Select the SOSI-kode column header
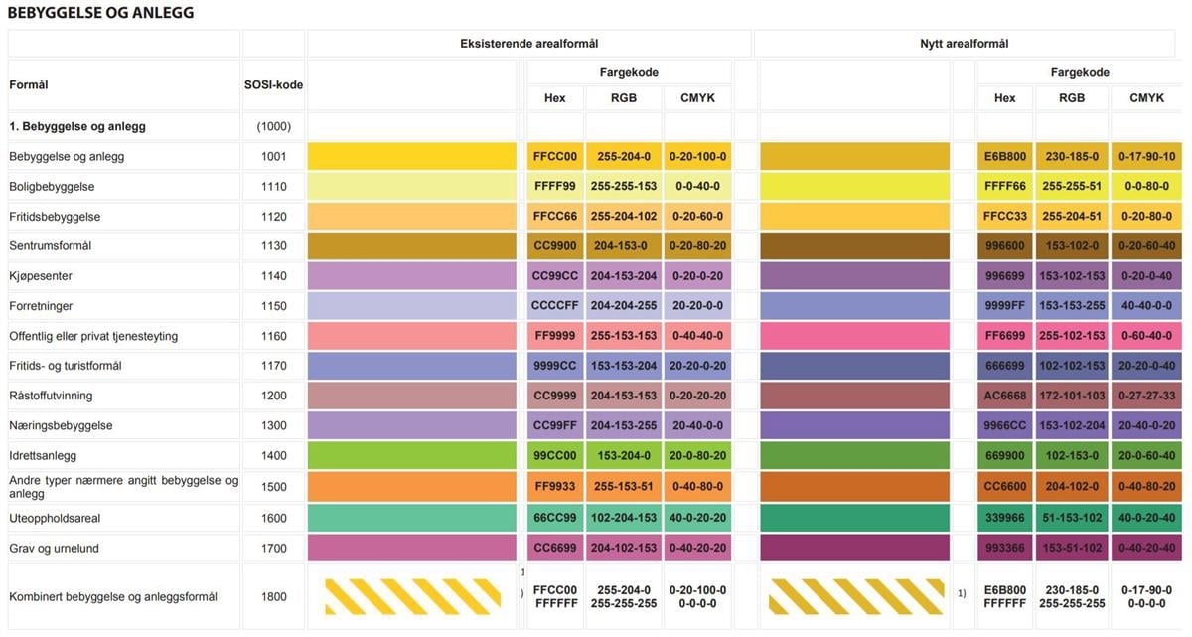point(273,85)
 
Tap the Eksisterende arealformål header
point(528,44)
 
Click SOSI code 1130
point(273,246)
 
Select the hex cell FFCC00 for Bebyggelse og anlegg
point(554,157)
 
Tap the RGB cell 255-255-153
point(624,187)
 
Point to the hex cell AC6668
point(1004,396)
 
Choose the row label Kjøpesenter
point(41,276)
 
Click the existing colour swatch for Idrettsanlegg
point(411,456)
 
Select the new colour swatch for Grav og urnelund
point(854,549)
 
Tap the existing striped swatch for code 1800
point(412,597)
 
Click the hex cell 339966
point(1004,518)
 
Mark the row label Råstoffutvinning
point(51,396)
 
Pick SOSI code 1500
point(273,487)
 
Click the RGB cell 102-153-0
point(1072,456)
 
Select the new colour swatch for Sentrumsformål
point(854,246)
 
